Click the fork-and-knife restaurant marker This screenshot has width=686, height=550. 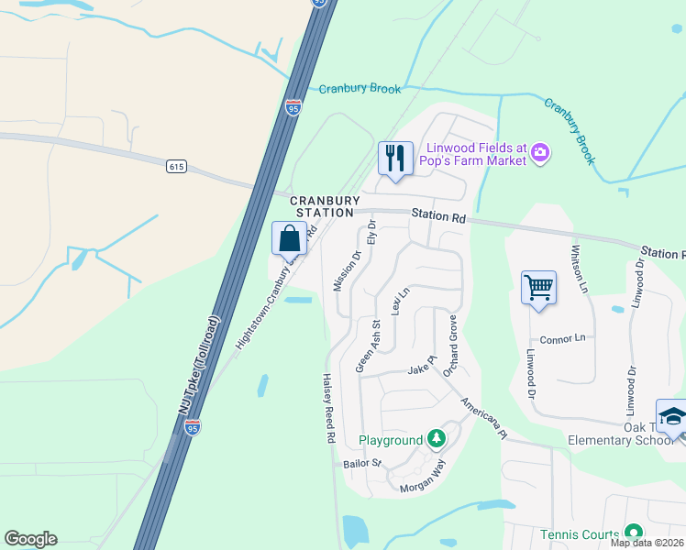pos(395,158)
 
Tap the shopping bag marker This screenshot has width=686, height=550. pos(289,238)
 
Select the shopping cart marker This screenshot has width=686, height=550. pos(537,288)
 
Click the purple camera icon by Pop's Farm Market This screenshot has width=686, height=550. pos(541,152)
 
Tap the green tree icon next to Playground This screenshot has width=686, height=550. pos(437,439)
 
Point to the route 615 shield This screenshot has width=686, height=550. pos(177,166)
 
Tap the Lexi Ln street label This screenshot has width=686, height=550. pos(397,300)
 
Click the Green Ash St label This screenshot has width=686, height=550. pos(368,346)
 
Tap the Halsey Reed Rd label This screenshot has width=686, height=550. pos(328,408)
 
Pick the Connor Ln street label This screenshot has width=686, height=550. pos(562,338)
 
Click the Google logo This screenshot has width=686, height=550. pos(30,539)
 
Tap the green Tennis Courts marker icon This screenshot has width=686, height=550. pos(632,532)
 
